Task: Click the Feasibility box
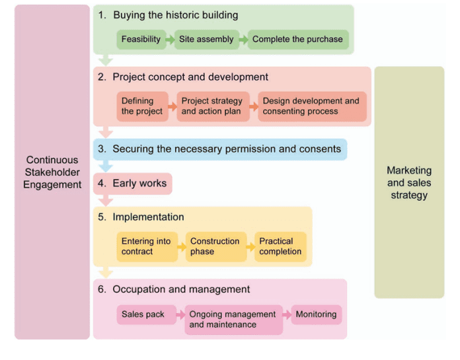(x=141, y=40)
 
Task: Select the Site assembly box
(x=206, y=40)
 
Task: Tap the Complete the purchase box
(x=297, y=40)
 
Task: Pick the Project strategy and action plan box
(x=212, y=106)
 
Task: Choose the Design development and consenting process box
(x=311, y=106)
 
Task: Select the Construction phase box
(x=215, y=246)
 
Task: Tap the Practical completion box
(x=280, y=246)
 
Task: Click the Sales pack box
(x=143, y=314)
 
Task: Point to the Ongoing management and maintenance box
(x=233, y=320)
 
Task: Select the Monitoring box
(x=316, y=314)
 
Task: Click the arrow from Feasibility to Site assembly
(x=170, y=40)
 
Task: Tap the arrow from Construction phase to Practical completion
(x=250, y=246)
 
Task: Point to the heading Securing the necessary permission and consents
(x=227, y=149)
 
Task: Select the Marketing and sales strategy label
(x=409, y=183)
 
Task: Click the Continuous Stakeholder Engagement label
(x=52, y=172)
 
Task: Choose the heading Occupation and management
(x=181, y=289)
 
